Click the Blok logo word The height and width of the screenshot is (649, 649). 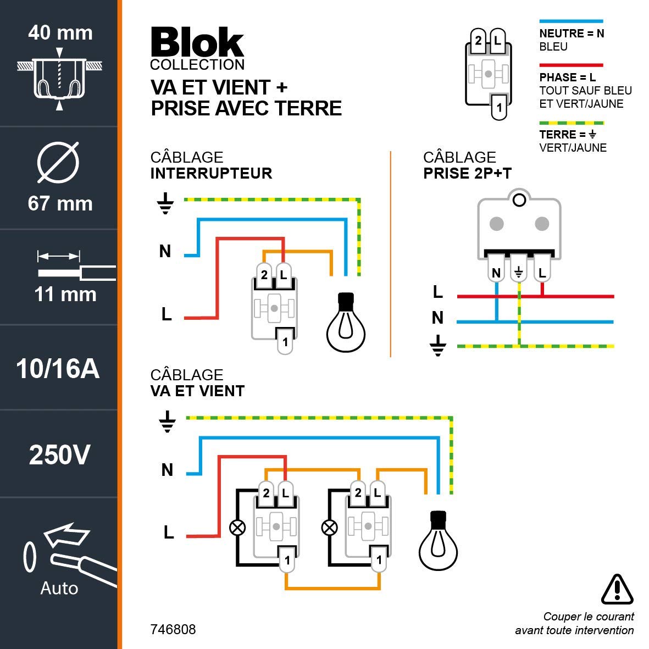(x=197, y=42)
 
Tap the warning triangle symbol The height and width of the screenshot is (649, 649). (x=617, y=589)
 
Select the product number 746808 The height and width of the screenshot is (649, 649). (x=173, y=629)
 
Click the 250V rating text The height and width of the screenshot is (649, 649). (x=59, y=455)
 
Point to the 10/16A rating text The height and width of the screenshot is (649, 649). (x=58, y=369)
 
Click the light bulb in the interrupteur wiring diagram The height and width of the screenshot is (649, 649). (x=346, y=323)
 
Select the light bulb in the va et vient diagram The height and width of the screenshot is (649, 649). (x=439, y=541)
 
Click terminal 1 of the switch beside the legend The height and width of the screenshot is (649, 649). (x=499, y=107)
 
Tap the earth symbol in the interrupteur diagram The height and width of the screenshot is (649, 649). (x=165, y=203)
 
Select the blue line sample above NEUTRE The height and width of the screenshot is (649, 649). (x=571, y=21)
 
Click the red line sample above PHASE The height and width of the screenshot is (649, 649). (x=571, y=65)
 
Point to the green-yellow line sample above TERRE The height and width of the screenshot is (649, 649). (x=571, y=123)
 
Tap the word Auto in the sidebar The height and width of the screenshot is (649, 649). (x=59, y=588)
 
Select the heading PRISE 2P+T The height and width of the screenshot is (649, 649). (x=467, y=174)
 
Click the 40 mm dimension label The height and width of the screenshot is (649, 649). (x=60, y=33)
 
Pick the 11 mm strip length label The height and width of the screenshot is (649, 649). (x=65, y=295)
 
